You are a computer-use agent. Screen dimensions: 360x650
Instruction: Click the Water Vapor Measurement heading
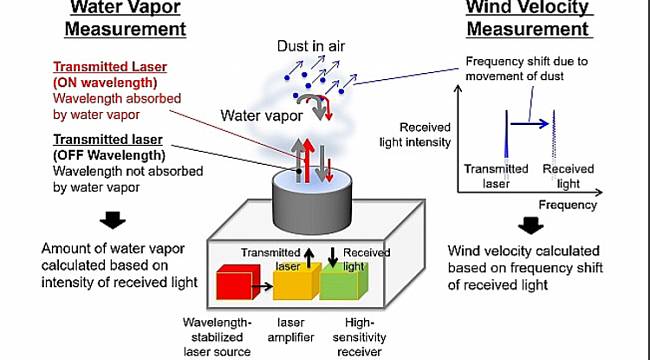pyautogui.click(x=129, y=18)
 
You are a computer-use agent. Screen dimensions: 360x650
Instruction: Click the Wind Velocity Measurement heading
pyautogui.click(x=531, y=18)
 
